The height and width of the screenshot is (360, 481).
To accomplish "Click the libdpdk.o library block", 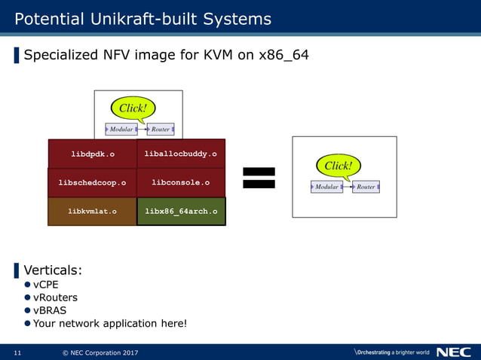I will pyautogui.click(x=92, y=154).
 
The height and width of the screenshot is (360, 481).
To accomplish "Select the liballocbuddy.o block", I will pyautogui.click(x=181, y=154).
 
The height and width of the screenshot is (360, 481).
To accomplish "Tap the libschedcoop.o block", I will pyautogui.click(x=92, y=182).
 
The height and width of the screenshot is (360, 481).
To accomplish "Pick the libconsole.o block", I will pyautogui.click(x=181, y=182).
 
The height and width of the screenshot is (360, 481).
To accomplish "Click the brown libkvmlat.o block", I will pyautogui.click(x=92, y=212).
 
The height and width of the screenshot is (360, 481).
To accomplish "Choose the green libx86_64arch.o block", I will pyautogui.click(x=181, y=212).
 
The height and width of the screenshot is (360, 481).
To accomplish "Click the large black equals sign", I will pyautogui.click(x=259, y=178).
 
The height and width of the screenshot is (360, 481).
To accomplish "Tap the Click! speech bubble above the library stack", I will pyautogui.click(x=133, y=108).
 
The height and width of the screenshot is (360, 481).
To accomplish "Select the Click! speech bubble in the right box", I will pyautogui.click(x=338, y=166).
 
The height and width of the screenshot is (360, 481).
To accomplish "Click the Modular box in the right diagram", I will pyautogui.click(x=326, y=187).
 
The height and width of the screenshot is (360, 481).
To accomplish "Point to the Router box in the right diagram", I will pyautogui.click(x=366, y=187).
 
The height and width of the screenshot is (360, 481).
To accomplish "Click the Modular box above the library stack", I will pyautogui.click(x=121, y=130).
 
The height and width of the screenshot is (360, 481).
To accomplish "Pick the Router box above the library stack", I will pyautogui.click(x=161, y=130).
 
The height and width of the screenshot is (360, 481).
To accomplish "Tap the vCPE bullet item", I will pyautogui.click(x=45, y=285).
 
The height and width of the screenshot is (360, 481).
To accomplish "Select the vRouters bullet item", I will pyautogui.click(x=54, y=297).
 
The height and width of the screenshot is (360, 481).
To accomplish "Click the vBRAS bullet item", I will pyautogui.click(x=48, y=310).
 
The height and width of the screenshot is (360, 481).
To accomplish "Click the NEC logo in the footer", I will pyautogui.click(x=453, y=352).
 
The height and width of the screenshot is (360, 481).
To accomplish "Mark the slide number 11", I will pyautogui.click(x=17, y=352).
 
